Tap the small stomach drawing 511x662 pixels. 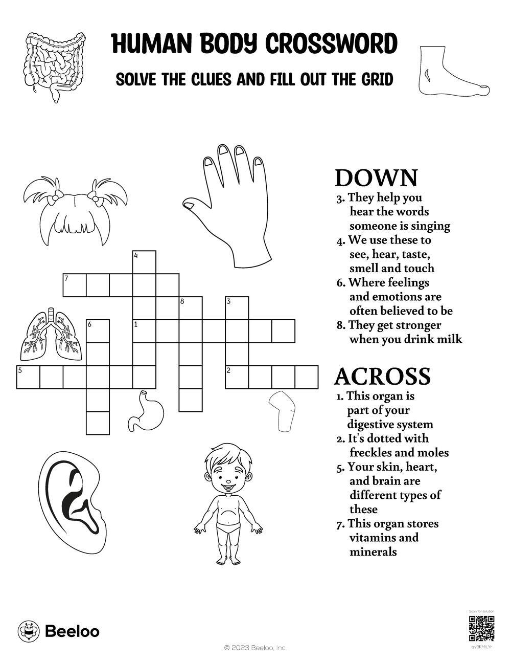click(x=146, y=409)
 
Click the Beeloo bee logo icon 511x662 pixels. click(x=29, y=631)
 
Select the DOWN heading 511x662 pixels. click(x=376, y=178)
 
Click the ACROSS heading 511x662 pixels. click(x=382, y=377)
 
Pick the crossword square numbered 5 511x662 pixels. click(x=28, y=378)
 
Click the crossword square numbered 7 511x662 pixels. click(x=74, y=285)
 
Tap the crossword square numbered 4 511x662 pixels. click(x=144, y=262)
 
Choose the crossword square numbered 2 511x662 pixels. click(x=237, y=378)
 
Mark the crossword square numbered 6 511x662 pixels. click(x=98, y=331)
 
